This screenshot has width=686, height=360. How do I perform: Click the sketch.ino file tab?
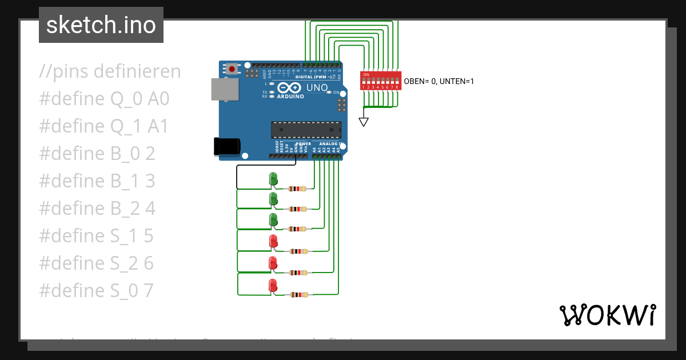pos(101,25)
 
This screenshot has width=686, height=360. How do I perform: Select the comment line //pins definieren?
pos(110,71)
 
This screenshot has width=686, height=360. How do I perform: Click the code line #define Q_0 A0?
pos(104,99)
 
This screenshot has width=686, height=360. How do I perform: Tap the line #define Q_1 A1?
pos(104,126)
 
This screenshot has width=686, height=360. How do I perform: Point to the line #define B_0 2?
pos(97,154)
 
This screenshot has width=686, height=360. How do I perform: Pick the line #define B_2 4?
pos(97,209)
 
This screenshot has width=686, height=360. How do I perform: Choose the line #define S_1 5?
pos(96,236)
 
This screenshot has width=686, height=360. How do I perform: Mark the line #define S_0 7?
pos(96,291)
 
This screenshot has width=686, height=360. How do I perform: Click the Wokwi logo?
pos(607,315)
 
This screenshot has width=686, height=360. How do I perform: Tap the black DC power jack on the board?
pos(226,146)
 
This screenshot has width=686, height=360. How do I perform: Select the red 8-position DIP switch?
pos(380,81)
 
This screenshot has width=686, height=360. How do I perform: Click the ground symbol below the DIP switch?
pos(364,122)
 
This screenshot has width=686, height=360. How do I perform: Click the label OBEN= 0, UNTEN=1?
pos(438,82)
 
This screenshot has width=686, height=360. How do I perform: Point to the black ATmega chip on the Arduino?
pos(306,130)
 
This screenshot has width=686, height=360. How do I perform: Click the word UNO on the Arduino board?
pos(317,88)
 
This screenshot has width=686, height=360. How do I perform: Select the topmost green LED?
pos(273,179)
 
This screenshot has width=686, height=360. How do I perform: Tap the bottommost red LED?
pos(273,286)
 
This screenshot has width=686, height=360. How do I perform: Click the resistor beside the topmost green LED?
pos(298,189)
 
